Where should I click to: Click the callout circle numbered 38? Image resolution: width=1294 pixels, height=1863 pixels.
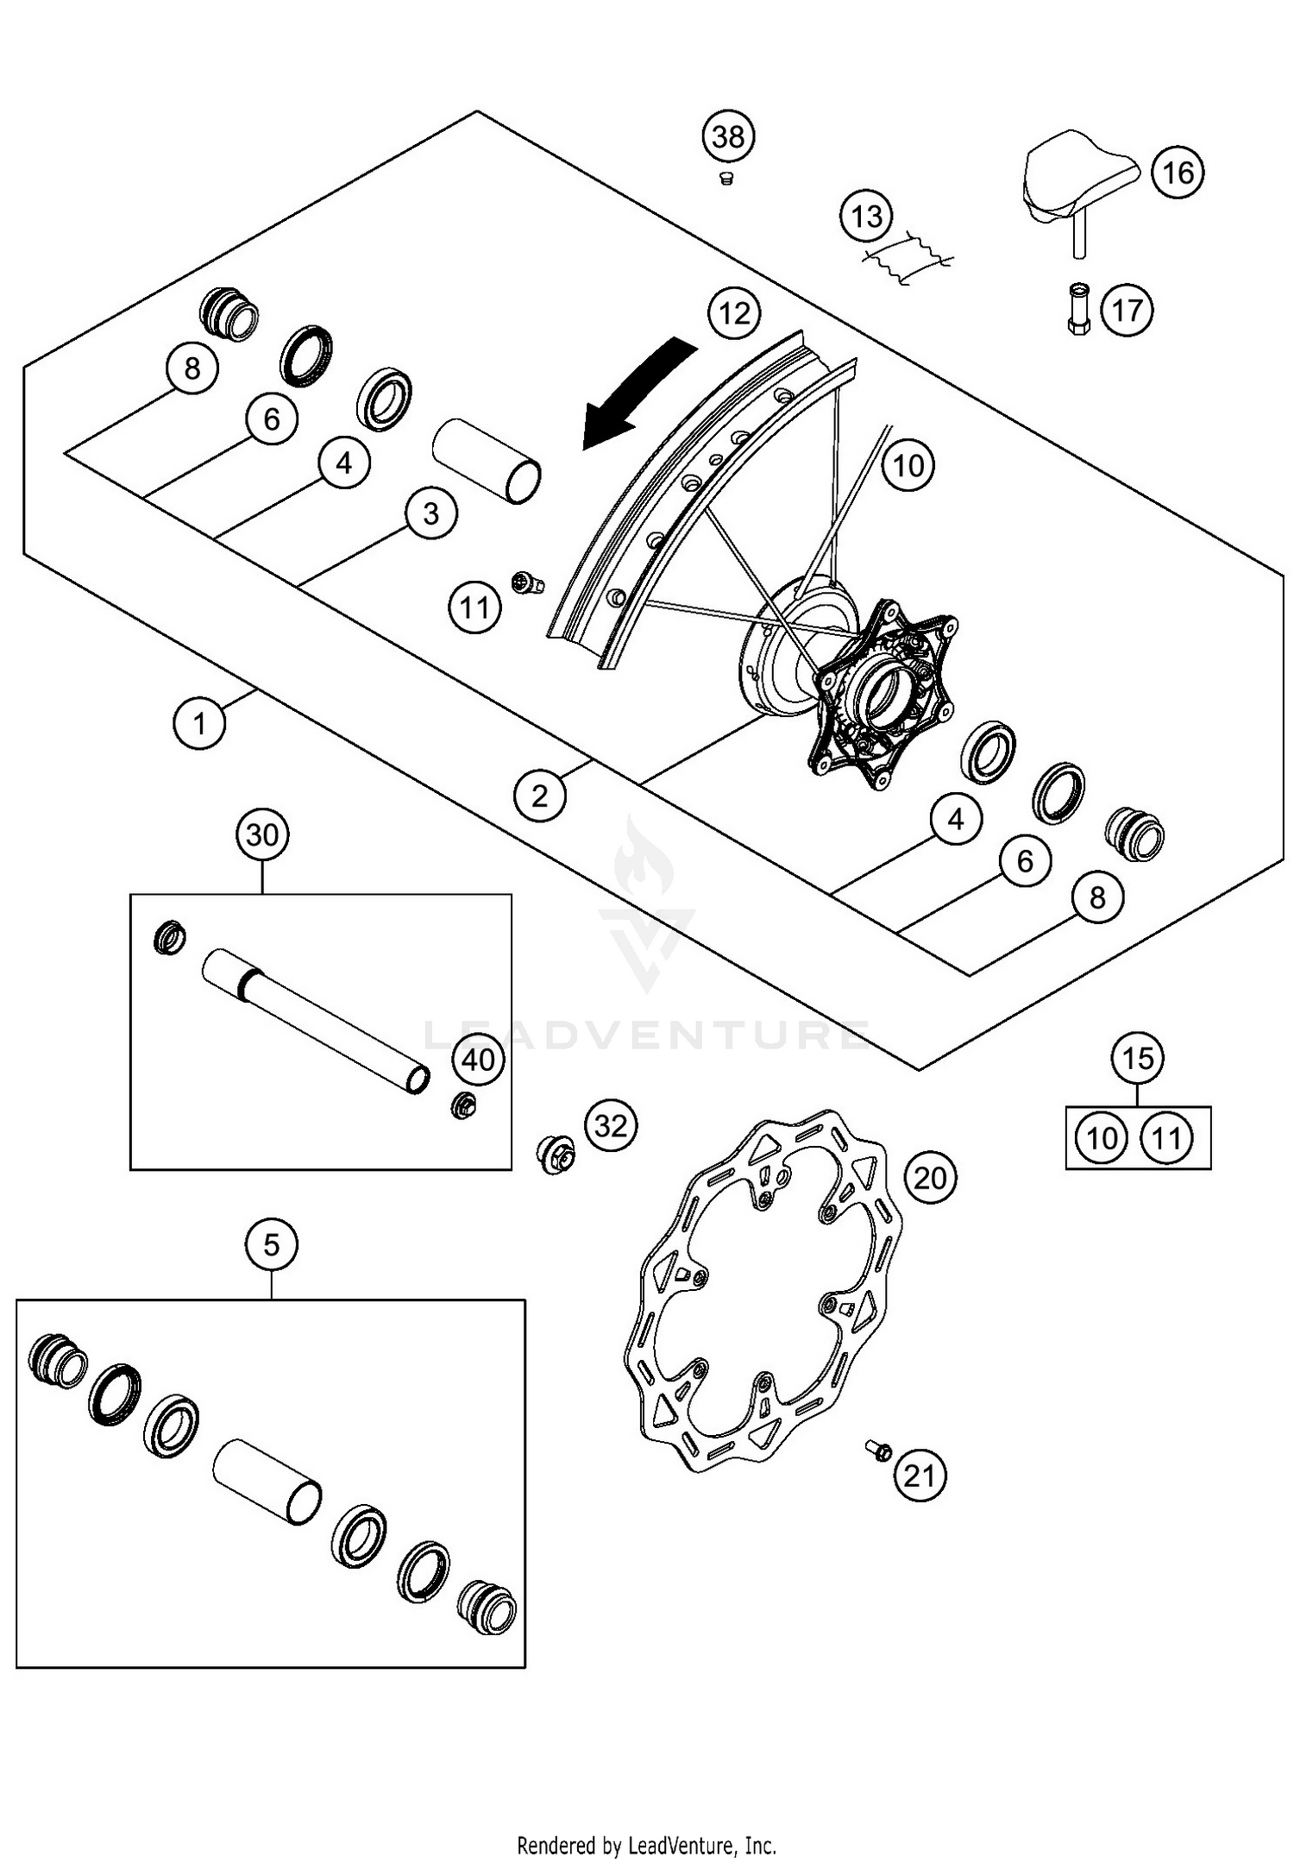729,136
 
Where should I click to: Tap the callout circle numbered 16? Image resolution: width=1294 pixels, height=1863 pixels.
1178,173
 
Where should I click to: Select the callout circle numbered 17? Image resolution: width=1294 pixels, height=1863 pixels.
1127,310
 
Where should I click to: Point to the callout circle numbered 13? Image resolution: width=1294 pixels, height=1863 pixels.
866,216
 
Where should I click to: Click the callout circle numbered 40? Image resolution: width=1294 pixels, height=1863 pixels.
479,1059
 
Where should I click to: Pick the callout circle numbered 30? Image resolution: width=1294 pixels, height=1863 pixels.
262,834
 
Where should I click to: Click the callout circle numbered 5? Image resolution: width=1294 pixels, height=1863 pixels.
271,1244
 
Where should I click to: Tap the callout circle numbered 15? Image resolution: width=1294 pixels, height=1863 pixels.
1138,1057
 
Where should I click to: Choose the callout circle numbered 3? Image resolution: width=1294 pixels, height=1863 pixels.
430,514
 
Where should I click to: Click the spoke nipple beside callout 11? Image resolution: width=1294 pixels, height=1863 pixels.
525,582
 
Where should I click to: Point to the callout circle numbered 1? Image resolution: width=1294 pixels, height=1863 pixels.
199,723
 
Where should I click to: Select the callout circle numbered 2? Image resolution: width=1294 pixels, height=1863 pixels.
540,795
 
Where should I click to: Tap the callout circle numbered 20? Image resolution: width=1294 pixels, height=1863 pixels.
930,1177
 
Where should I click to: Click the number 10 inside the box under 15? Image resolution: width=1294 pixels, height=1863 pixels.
1102,1138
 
